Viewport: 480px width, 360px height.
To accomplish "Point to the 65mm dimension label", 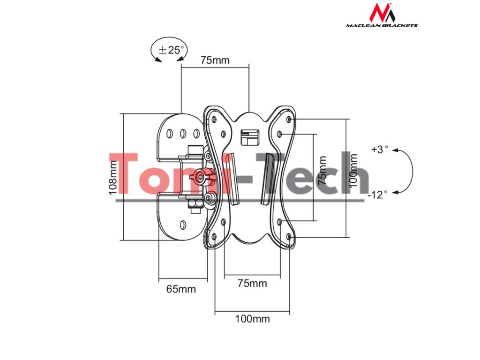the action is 181,289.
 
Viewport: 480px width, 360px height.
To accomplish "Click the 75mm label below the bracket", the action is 252,283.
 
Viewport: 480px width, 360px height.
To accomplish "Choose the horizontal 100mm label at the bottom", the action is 252,319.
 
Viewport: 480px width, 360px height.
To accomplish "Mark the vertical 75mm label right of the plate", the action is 322,171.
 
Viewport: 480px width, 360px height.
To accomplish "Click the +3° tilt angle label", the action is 380,150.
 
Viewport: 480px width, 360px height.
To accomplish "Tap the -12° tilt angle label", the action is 378,195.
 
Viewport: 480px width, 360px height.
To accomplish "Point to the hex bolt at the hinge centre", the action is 202,177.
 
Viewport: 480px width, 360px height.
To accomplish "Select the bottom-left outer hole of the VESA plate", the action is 214,237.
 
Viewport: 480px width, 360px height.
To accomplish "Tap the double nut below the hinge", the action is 194,204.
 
